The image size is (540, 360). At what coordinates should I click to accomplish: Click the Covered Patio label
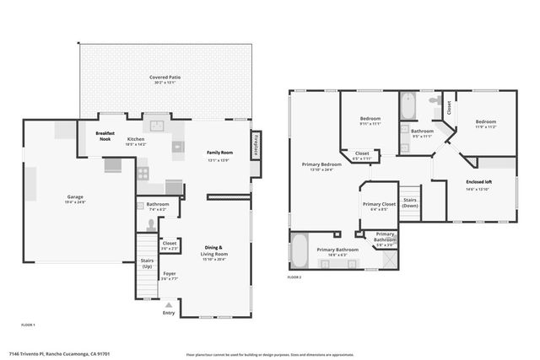point(165,77)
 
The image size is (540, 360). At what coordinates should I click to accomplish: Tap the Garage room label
point(75,196)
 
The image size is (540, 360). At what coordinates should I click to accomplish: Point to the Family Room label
point(220,153)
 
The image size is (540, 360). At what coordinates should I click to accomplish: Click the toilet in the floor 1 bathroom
point(151,224)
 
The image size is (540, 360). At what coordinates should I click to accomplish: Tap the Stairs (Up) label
point(147,263)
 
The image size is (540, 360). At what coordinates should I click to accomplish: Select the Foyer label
point(170,273)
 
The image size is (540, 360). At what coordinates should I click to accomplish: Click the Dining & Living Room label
point(216,250)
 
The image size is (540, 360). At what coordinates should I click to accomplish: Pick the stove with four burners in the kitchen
point(143,174)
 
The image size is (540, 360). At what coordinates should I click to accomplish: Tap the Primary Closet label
point(379,204)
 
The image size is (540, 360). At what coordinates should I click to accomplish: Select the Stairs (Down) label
point(410,202)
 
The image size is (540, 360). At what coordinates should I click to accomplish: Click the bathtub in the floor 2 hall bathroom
point(408,108)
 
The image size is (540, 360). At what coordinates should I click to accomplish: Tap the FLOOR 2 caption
point(294,277)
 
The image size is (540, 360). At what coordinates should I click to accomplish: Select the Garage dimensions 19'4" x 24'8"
point(75,202)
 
